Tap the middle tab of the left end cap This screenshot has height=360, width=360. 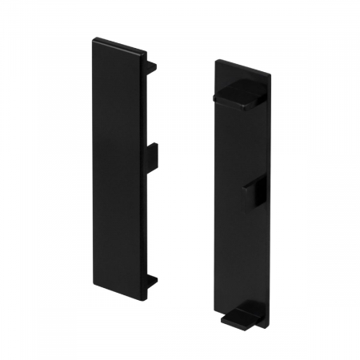pyautogui.click(x=153, y=153)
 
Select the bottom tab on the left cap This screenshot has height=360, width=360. pyautogui.click(x=152, y=282)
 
